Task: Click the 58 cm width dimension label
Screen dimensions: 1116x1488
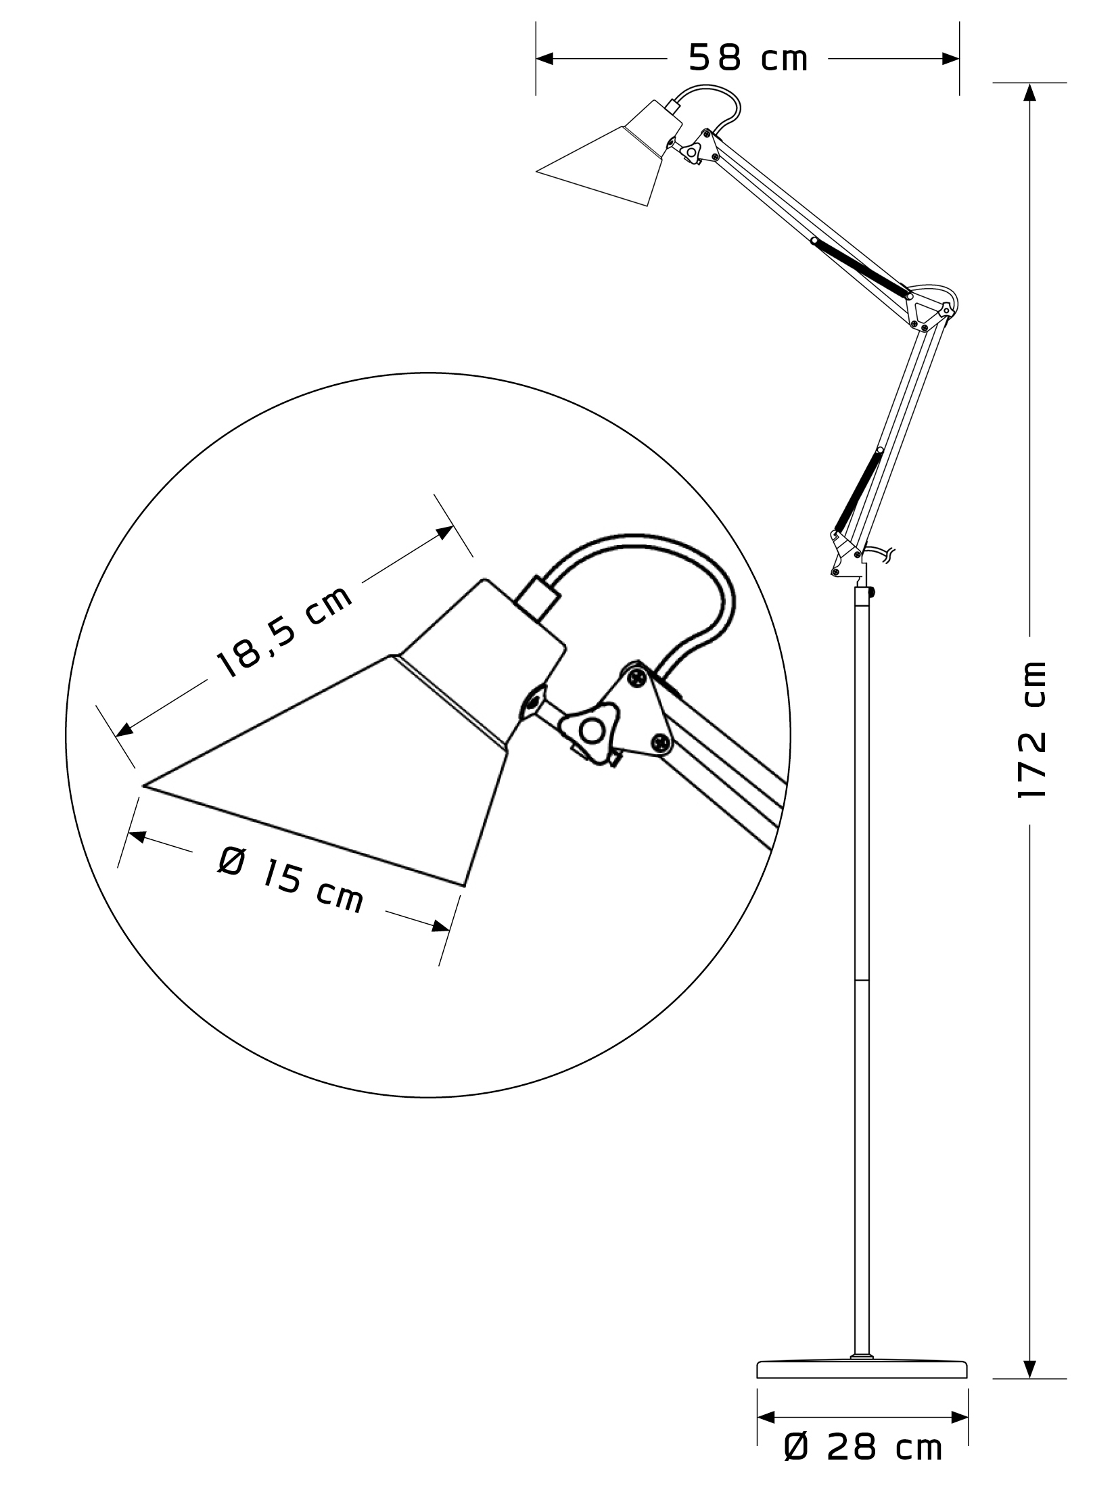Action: tap(748, 58)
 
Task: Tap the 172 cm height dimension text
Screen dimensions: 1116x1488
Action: tap(1032, 730)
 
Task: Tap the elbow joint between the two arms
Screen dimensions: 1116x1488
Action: tap(931, 307)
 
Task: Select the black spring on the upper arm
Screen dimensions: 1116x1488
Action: tap(862, 268)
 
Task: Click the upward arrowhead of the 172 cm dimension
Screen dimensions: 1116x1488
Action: tap(1029, 92)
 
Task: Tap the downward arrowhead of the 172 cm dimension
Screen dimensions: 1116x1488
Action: tap(1029, 1369)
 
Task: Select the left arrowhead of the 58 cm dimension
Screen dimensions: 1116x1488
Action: tap(545, 59)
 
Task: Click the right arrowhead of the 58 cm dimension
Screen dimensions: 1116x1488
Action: tap(950, 59)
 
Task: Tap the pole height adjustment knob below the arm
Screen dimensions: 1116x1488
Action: tap(873, 592)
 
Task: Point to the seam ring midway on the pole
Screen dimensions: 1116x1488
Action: tap(862, 979)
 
